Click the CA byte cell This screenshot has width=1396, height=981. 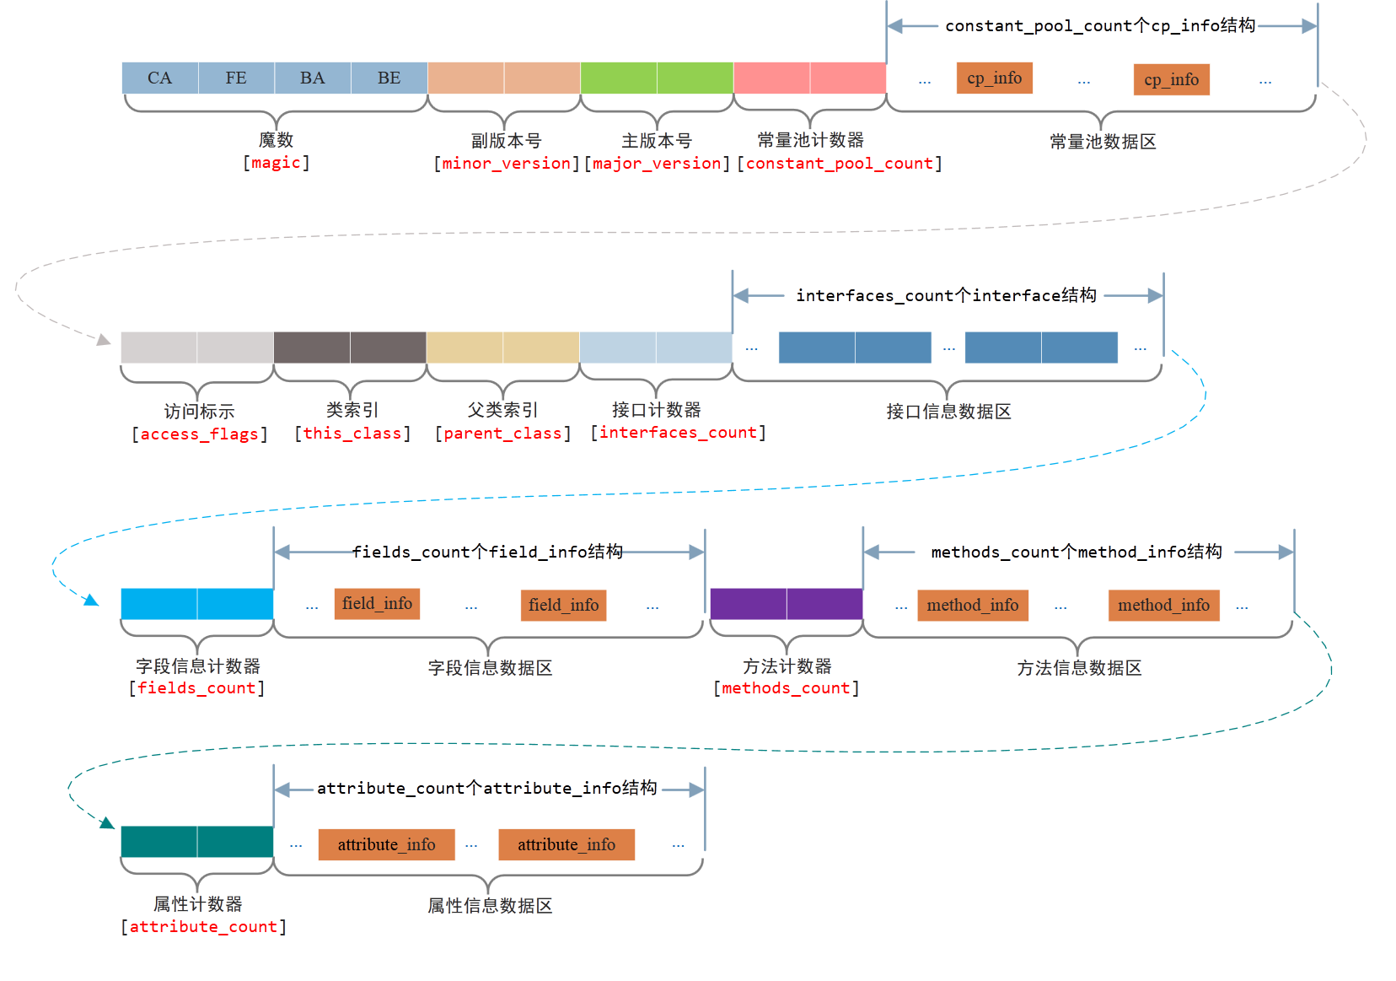[159, 78]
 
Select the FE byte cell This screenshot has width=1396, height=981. [236, 78]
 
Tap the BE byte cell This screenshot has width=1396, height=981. [389, 78]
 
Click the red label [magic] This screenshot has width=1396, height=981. [277, 163]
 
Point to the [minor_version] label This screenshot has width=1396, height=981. [507, 164]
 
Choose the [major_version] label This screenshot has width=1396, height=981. [658, 164]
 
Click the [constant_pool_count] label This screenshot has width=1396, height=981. [840, 164]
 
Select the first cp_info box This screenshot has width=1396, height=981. [995, 78]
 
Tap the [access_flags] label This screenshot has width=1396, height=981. [200, 434]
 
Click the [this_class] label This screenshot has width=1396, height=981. [352, 434]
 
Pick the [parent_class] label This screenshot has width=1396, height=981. [503, 434]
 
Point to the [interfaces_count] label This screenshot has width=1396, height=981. [679, 433]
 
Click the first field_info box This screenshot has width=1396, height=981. [377, 604]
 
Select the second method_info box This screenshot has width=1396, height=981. [1163, 606]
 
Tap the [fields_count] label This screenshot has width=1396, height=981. [197, 688]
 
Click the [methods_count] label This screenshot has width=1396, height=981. [787, 688]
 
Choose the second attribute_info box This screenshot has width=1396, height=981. [566, 845]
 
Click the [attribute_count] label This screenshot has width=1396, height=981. [203, 927]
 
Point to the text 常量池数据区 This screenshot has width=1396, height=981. [1103, 142]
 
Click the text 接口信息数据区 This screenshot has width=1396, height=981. [948, 412]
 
